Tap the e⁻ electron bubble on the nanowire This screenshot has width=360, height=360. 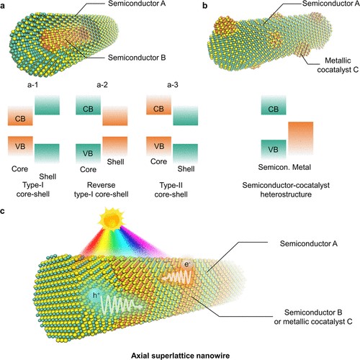click(x=186, y=264)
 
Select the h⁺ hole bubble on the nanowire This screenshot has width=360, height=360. click(x=95, y=295)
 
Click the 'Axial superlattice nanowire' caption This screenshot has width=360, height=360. click(x=180, y=356)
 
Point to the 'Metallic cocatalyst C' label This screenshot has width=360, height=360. click(x=338, y=65)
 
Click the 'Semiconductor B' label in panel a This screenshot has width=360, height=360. click(x=137, y=58)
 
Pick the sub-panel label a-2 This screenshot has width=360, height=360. click(x=102, y=85)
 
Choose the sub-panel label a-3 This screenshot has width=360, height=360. click(x=173, y=85)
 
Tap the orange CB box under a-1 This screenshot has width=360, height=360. click(x=20, y=116)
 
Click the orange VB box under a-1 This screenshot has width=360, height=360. click(x=20, y=146)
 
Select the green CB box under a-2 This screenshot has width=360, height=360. click(x=88, y=105)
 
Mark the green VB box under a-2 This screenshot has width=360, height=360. click(x=88, y=153)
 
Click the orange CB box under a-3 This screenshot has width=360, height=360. click(x=158, y=105)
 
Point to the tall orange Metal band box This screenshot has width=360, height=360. click(x=300, y=138)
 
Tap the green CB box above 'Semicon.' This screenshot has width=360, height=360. click(x=274, y=105)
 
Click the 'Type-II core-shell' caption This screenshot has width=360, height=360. click(x=171, y=189)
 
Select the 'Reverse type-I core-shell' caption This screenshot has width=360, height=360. click(x=101, y=189)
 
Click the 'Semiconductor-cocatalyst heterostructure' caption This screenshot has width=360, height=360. click(x=286, y=189)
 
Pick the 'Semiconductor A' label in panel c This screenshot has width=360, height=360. click(x=309, y=243)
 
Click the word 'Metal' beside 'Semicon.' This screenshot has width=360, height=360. click(x=301, y=167)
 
